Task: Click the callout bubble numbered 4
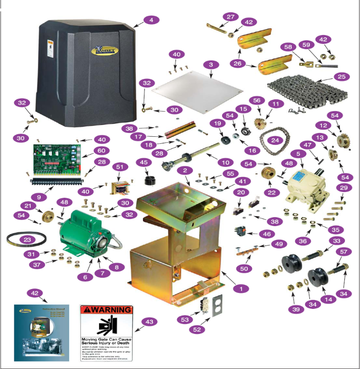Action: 151,20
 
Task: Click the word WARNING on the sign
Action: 112,310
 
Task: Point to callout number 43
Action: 150,322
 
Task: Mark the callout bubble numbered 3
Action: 211,64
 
